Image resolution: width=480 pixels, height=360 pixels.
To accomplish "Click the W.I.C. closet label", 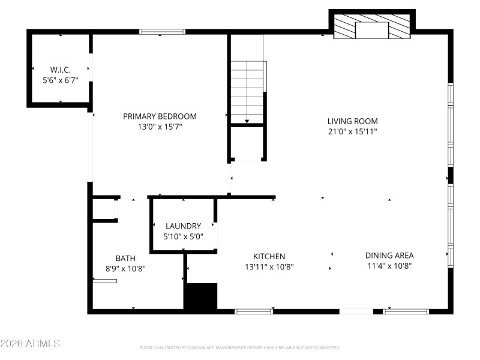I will coord(61,70).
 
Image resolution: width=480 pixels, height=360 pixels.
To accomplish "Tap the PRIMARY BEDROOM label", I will coord(160,116).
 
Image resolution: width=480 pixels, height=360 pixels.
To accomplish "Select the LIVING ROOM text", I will coord(352,121).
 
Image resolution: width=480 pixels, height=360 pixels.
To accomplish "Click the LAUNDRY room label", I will coord(183,226).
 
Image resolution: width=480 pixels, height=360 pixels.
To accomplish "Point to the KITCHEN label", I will coord(269,256).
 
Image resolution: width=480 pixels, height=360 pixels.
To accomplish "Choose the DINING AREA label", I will coord(389,255).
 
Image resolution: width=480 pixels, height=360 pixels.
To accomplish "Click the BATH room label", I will coord(125,258).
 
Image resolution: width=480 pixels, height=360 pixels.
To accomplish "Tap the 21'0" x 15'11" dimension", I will coord(352,131).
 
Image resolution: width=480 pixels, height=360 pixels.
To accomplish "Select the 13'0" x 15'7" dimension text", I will coord(160,127).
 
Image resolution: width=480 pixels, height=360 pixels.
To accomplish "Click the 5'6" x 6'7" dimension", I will coord(61,80).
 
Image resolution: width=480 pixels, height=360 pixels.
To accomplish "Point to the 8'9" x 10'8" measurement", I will coord(125,269).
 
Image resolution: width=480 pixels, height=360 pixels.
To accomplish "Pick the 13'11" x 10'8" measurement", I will coord(269,267).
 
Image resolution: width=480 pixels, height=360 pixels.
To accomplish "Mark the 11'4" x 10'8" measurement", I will coord(389,266).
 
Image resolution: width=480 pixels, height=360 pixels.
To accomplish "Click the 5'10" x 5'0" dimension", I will coord(183,236).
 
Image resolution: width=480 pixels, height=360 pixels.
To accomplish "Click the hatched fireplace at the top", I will coord(372,27).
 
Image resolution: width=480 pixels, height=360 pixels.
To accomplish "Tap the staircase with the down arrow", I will coord(247,90).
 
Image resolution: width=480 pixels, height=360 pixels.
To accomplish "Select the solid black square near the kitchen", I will coord(200,296).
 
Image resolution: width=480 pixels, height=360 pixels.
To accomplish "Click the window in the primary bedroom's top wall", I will coord(162,32).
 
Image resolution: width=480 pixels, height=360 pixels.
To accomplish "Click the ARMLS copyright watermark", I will coord(30,344).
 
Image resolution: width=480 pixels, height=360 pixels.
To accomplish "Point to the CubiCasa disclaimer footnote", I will coord(240,347).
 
